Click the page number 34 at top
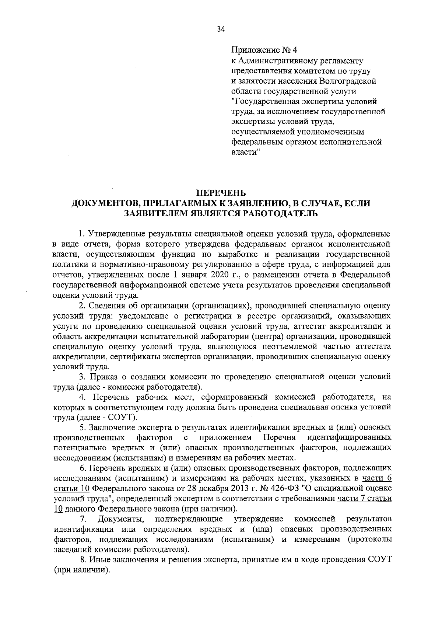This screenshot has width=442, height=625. click(221, 30)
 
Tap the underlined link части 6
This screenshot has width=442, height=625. click(377, 479)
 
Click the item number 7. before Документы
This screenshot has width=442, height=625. click(84, 519)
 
